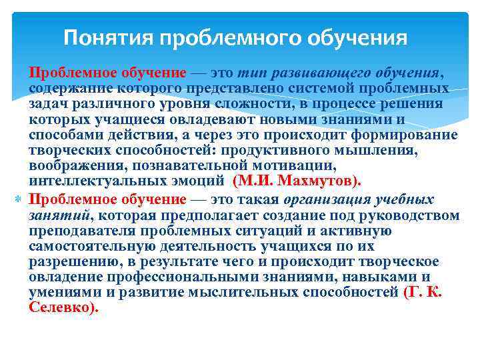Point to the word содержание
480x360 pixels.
click(65, 88)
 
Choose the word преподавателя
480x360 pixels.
click(80, 231)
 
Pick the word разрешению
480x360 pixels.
click(66, 261)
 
